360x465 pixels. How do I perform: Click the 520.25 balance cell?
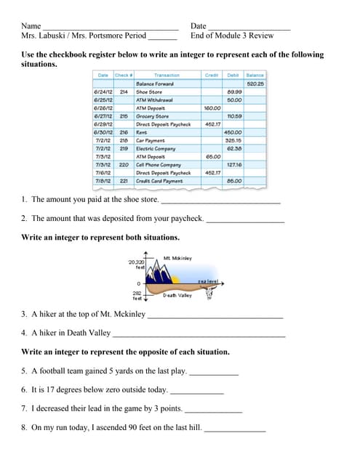tap(255, 84)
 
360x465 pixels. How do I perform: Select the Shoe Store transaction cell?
tap(149, 92)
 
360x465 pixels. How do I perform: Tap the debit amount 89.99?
tap(233, 92)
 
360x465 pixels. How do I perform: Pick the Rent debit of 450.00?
tap(233, 132)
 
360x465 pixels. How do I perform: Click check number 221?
tap(124, 180)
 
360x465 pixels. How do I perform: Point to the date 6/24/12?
tap(103, 92)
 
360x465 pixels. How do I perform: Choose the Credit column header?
tap(212, 75)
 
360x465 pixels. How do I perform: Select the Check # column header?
tap(124, 75)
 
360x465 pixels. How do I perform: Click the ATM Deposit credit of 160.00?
tap(212, 108)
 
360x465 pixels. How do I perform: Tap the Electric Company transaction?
tap(155, 148)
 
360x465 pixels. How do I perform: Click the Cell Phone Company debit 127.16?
tap(233, 164)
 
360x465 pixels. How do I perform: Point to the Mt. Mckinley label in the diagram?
tap(177, 258)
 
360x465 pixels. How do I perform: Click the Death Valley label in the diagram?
tap(177, 295)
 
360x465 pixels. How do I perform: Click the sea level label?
tap(207, 281)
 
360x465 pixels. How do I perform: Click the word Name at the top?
tap(31, 26)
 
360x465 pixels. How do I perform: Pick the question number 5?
tap(24, 371)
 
